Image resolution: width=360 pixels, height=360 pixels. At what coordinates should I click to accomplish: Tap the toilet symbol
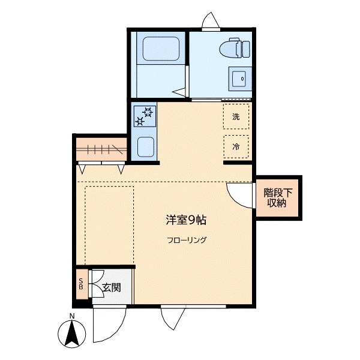tap(235, 48)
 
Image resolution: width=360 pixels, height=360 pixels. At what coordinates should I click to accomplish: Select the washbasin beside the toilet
tap(239, 79)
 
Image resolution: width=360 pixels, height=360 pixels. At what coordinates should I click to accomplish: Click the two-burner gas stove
tap(145, 116)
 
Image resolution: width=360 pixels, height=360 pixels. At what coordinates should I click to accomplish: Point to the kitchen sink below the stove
tap(146, 147)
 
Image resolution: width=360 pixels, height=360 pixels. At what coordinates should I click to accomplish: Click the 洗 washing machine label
tap(236, 116)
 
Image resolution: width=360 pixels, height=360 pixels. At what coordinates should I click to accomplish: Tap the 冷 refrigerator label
tap(236, 146)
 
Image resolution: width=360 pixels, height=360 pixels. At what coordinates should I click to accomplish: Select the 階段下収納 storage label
tap(278, 197)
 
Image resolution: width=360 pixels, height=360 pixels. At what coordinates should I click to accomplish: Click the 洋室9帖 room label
tap(186, 220)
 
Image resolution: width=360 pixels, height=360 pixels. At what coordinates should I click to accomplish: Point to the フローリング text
tap(187, 240)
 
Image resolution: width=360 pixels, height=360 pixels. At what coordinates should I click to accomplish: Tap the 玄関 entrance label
tap(112, 287)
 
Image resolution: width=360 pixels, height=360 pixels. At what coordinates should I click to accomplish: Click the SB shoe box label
tap(81, 284)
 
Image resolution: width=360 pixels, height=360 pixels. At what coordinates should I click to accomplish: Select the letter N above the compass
tap(72, 316)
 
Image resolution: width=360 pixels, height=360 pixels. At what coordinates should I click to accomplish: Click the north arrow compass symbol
tap(71, 334)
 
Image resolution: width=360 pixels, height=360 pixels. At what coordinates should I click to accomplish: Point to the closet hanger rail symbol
tap(101, 149)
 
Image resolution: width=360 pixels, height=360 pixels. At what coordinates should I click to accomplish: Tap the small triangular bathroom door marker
tap(179, 92)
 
